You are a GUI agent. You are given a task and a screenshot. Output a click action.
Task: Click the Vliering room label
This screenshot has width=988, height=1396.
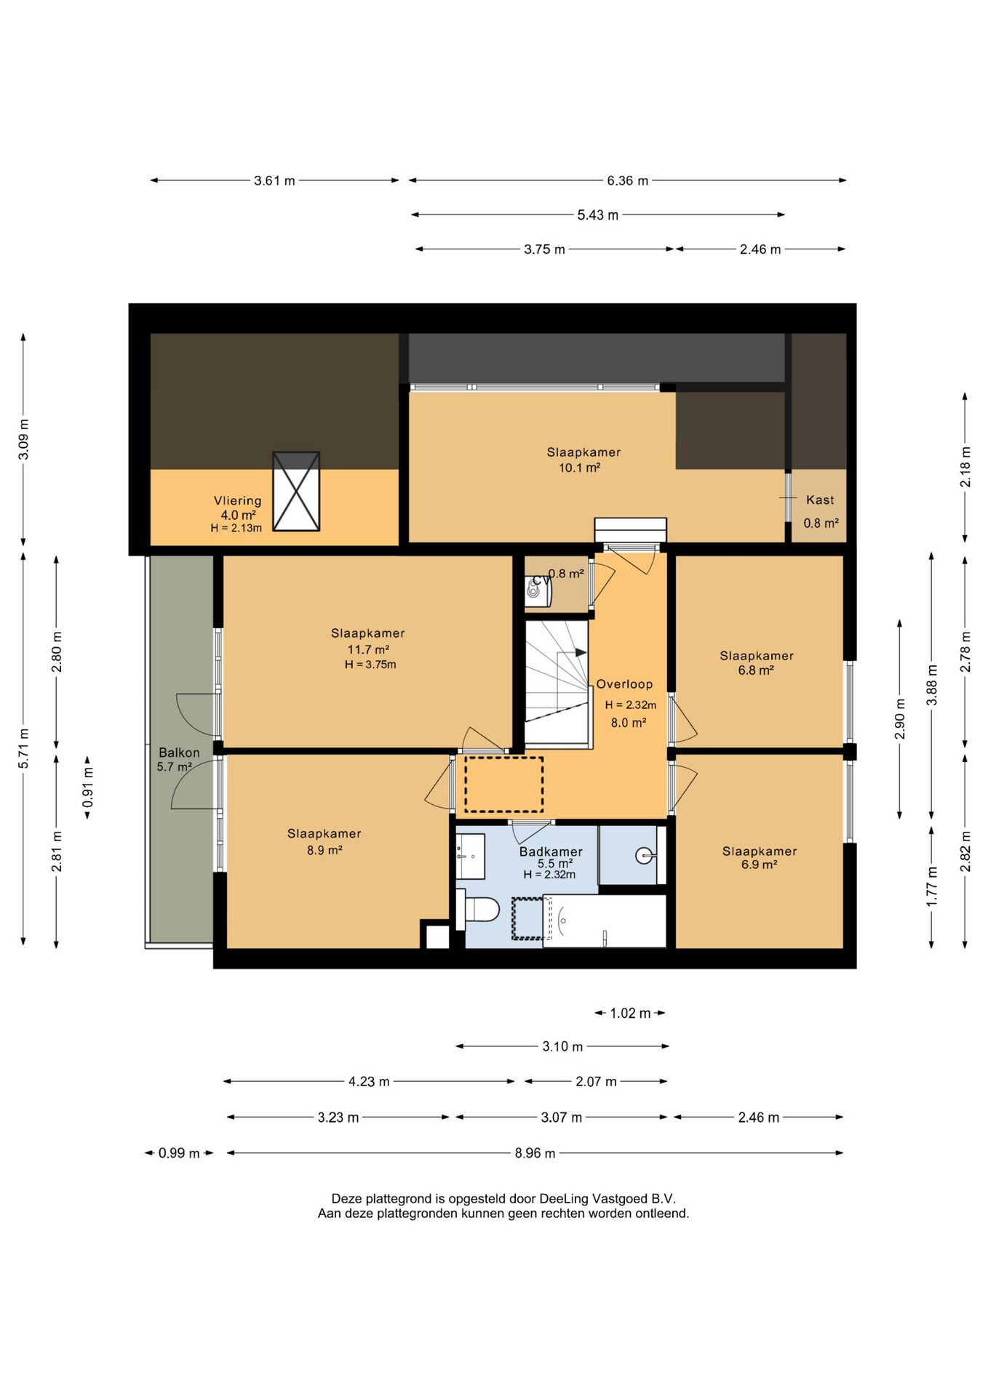tap(237, 500)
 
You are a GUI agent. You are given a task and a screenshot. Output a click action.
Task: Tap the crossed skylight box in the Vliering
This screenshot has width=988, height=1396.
tap(296, 491)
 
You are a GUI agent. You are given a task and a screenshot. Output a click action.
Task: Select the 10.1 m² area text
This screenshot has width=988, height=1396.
tap(579, 468)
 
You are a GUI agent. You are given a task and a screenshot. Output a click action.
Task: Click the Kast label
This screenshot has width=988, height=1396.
tap(820, 500)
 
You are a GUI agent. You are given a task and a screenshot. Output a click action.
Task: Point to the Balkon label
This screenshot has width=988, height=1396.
tap(179, 753)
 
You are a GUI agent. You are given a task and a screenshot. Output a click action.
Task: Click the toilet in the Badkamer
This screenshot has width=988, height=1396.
tap(477, 909)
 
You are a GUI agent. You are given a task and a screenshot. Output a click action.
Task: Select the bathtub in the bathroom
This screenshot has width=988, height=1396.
tap(605, 921)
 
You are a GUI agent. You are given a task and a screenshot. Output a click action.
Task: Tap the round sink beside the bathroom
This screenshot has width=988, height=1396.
tap(645, 856)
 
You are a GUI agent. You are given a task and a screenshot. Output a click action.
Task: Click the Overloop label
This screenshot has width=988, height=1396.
tap(624, 684)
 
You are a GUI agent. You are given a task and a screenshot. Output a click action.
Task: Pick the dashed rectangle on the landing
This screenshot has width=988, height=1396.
tap(504, 785)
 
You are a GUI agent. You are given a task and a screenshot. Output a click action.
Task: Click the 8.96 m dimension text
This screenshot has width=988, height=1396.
tap(535, 1153)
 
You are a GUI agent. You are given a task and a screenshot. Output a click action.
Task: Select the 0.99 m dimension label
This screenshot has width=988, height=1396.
tap(179, 1153)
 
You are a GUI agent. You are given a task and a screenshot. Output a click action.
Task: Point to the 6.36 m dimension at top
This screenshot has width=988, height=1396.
tap(627, 180)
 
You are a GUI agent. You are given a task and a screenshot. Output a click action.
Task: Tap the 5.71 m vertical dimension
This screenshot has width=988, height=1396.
tap(23, 748)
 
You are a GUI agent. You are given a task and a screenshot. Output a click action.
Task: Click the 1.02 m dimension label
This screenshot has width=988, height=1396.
tap(630, 1013)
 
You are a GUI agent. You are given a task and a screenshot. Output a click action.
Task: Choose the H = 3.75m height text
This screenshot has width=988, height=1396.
tap(370, 665)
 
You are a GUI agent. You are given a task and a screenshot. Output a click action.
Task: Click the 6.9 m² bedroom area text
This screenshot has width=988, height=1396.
tap(759, 865)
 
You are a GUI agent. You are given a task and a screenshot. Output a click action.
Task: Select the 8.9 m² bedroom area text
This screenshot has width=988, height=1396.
tap(324, 850)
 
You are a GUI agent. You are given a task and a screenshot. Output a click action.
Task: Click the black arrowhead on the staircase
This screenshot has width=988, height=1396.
tap(581, 652)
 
